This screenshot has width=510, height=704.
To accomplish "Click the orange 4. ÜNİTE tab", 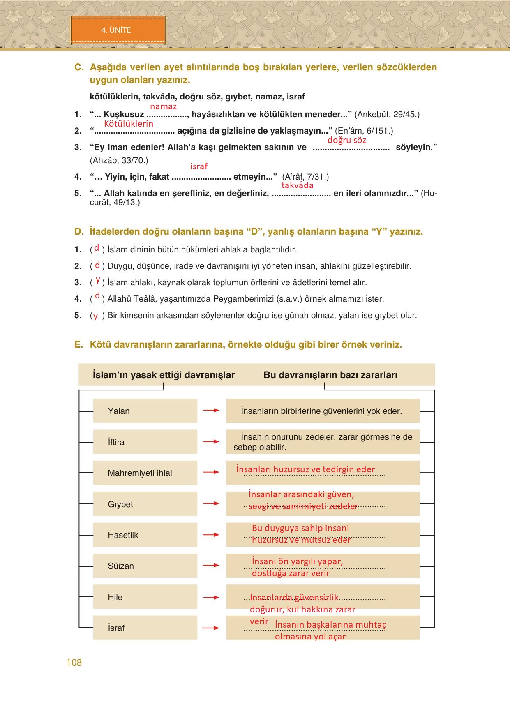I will click(x=118, y=30).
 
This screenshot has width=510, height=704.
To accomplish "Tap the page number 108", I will click(x=74, y=662).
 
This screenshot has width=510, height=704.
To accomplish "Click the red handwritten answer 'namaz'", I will click(x=163, y=106).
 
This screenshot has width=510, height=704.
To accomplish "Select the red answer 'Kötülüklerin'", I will click(x=128, y=123).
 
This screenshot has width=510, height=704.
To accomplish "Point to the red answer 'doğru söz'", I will click(x=346, y=140).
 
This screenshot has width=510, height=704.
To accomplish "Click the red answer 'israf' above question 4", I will click(x=199, y=166).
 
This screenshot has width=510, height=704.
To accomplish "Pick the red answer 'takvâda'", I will click(x=297, y=185).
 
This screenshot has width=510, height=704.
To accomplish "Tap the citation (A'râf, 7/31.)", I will click(x=305, y=177).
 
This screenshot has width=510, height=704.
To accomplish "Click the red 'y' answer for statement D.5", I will click(x=95, y=316).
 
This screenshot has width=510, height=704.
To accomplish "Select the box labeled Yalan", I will click(x=145, y=411).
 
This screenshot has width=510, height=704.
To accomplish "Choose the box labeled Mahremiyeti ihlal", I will click(x=145, y=473).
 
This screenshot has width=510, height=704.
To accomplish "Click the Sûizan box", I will click(x=145, y=566).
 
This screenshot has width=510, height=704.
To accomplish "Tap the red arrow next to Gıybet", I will click(x=211, y=503).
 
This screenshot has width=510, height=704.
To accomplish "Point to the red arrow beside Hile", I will click(x=211, y=597).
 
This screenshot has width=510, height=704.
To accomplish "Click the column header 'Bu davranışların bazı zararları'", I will click(x=330, y=375).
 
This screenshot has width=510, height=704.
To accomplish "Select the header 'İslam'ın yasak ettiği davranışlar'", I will click(x=164, y=375).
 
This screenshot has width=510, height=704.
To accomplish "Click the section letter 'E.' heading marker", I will click(x=79, y=344).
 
